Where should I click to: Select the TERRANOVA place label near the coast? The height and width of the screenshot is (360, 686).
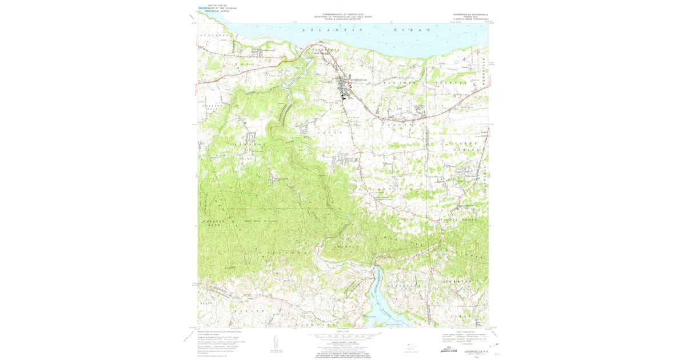(325, 50)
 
